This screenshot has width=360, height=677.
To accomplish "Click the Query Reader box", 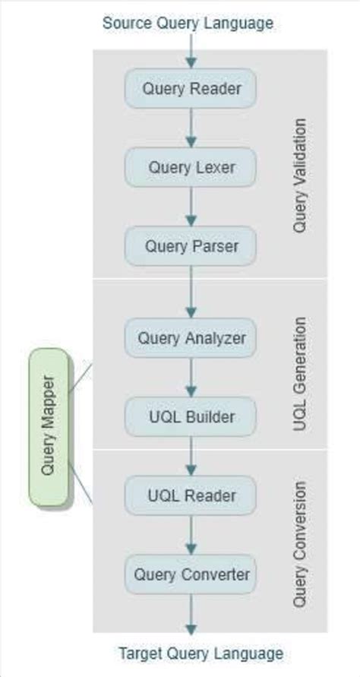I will (191, 88).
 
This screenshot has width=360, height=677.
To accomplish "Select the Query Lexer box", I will (191, 167).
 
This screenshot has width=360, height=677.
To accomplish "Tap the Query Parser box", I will (191, 246).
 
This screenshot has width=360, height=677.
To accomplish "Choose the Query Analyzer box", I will (191, 338).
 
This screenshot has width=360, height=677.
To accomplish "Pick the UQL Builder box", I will (191, 416).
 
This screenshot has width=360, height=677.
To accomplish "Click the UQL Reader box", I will (191, 495).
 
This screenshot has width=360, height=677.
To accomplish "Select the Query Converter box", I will (191, 574).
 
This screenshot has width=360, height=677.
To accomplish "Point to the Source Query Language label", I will (188, 23).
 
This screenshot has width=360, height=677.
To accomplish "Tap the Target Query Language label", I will (201, 653).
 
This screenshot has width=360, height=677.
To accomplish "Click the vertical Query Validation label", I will (299, 175).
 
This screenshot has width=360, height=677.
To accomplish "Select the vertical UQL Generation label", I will (299, 374).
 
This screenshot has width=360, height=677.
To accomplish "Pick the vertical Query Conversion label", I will (299, 543).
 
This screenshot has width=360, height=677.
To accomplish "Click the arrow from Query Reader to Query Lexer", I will (191, 128).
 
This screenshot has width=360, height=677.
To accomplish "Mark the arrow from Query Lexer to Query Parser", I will (191, 207).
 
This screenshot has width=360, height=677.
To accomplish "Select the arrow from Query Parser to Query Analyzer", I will (191, 292).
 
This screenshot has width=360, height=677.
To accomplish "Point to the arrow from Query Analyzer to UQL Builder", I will (191, 377).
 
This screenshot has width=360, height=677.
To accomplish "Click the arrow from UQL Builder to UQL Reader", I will (191, 456).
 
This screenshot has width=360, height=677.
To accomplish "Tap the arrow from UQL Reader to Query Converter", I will (191, 535).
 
